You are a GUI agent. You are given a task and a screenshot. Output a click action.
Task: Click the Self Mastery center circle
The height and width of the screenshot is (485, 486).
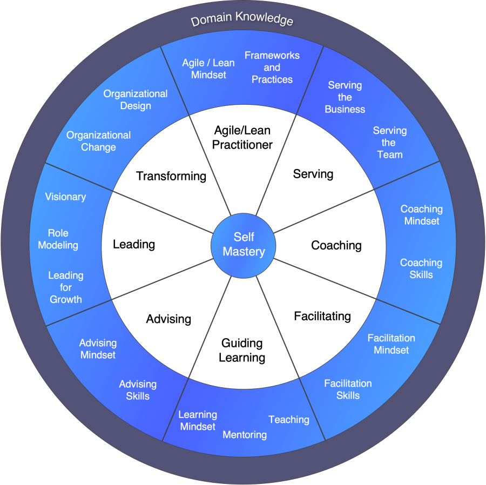(244, 244)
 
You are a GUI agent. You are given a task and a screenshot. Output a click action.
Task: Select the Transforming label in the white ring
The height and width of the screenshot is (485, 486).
(171, 176)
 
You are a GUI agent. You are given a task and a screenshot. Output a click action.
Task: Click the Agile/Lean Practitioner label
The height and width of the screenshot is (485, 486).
(242, 137)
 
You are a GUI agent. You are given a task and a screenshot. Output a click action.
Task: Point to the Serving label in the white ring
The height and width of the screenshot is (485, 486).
(313, 174)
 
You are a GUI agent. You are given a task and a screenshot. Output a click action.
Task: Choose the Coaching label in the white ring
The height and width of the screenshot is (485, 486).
(336, 245)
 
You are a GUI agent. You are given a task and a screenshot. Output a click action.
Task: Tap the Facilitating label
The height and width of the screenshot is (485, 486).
(322, 316)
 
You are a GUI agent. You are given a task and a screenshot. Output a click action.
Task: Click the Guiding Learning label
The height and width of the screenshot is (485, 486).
(242, 350)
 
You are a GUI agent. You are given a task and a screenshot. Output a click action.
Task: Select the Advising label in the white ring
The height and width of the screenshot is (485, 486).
(168, 319)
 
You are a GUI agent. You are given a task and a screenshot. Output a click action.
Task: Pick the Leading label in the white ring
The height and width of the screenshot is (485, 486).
(134, 244)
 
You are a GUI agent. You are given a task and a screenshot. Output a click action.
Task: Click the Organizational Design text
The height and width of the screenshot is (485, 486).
(136, 99)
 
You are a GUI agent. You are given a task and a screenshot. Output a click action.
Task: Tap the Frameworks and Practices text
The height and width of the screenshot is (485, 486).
(272, 67)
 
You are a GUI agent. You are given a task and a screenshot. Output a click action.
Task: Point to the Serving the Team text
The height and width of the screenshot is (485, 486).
(389, 143)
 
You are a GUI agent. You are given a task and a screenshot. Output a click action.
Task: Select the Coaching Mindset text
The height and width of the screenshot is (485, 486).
(421, 214)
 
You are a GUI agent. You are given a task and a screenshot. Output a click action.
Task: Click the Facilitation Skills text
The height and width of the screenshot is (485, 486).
(348, 389)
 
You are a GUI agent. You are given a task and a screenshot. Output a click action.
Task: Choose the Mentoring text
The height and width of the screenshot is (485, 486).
(245, 434)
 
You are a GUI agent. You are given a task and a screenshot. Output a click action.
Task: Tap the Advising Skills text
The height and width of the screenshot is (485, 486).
(138, 390)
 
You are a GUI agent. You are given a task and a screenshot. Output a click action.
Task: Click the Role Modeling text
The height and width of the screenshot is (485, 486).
(58, 239)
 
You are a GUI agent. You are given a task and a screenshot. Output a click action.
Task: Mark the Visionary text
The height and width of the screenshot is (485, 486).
(65, 197)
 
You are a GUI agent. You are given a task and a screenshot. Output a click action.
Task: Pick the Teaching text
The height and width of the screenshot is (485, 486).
(289, 420)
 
